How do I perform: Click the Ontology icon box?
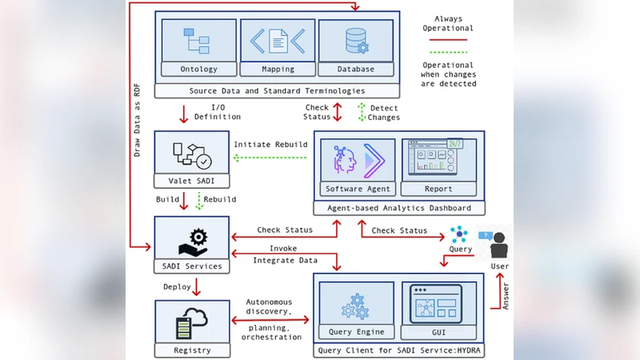point(198,41)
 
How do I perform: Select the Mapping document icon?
point(277,41)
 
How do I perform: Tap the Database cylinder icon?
point(355,41)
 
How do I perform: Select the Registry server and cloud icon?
point(193,322)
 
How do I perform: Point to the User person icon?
point(500,243)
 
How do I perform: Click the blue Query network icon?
point(459,234)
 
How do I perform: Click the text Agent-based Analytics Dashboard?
point(398,208)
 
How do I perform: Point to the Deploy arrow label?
point(178,286)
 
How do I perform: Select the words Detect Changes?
point(382,112)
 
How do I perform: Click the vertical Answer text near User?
point(505,295)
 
